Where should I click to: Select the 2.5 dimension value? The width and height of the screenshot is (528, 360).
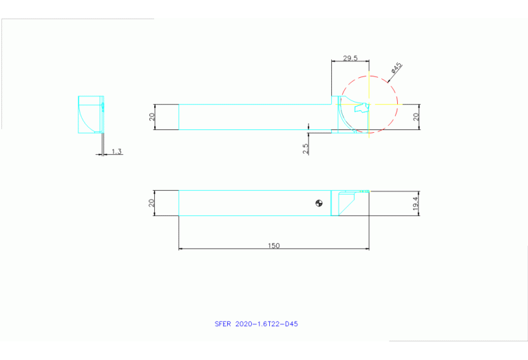[x=305, y=147]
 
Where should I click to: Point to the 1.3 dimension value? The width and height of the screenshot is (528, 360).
[x=116, y=151]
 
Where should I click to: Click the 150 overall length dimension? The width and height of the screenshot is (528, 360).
[x=274, y=246]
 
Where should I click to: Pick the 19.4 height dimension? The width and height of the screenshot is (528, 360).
[x=415, y=204]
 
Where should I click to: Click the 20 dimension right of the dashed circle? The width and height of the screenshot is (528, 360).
[x=415, y=117]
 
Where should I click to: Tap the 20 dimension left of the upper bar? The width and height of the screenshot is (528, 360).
[x=152, y=117]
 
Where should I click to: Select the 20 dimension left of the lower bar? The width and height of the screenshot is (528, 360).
[x=152, y=203]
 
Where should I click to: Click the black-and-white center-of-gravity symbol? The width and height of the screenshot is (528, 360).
[x=319, y=202]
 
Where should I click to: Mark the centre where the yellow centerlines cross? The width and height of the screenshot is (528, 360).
[x=370, y=105]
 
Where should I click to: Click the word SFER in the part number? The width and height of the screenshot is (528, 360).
[x=223, y=324]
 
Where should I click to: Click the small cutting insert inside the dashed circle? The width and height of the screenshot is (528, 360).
[x=361, y=107]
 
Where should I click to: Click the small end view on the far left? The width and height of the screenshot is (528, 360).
[x=91, y=114]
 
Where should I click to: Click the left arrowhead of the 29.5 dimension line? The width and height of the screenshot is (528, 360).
[x=333, y=61]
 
